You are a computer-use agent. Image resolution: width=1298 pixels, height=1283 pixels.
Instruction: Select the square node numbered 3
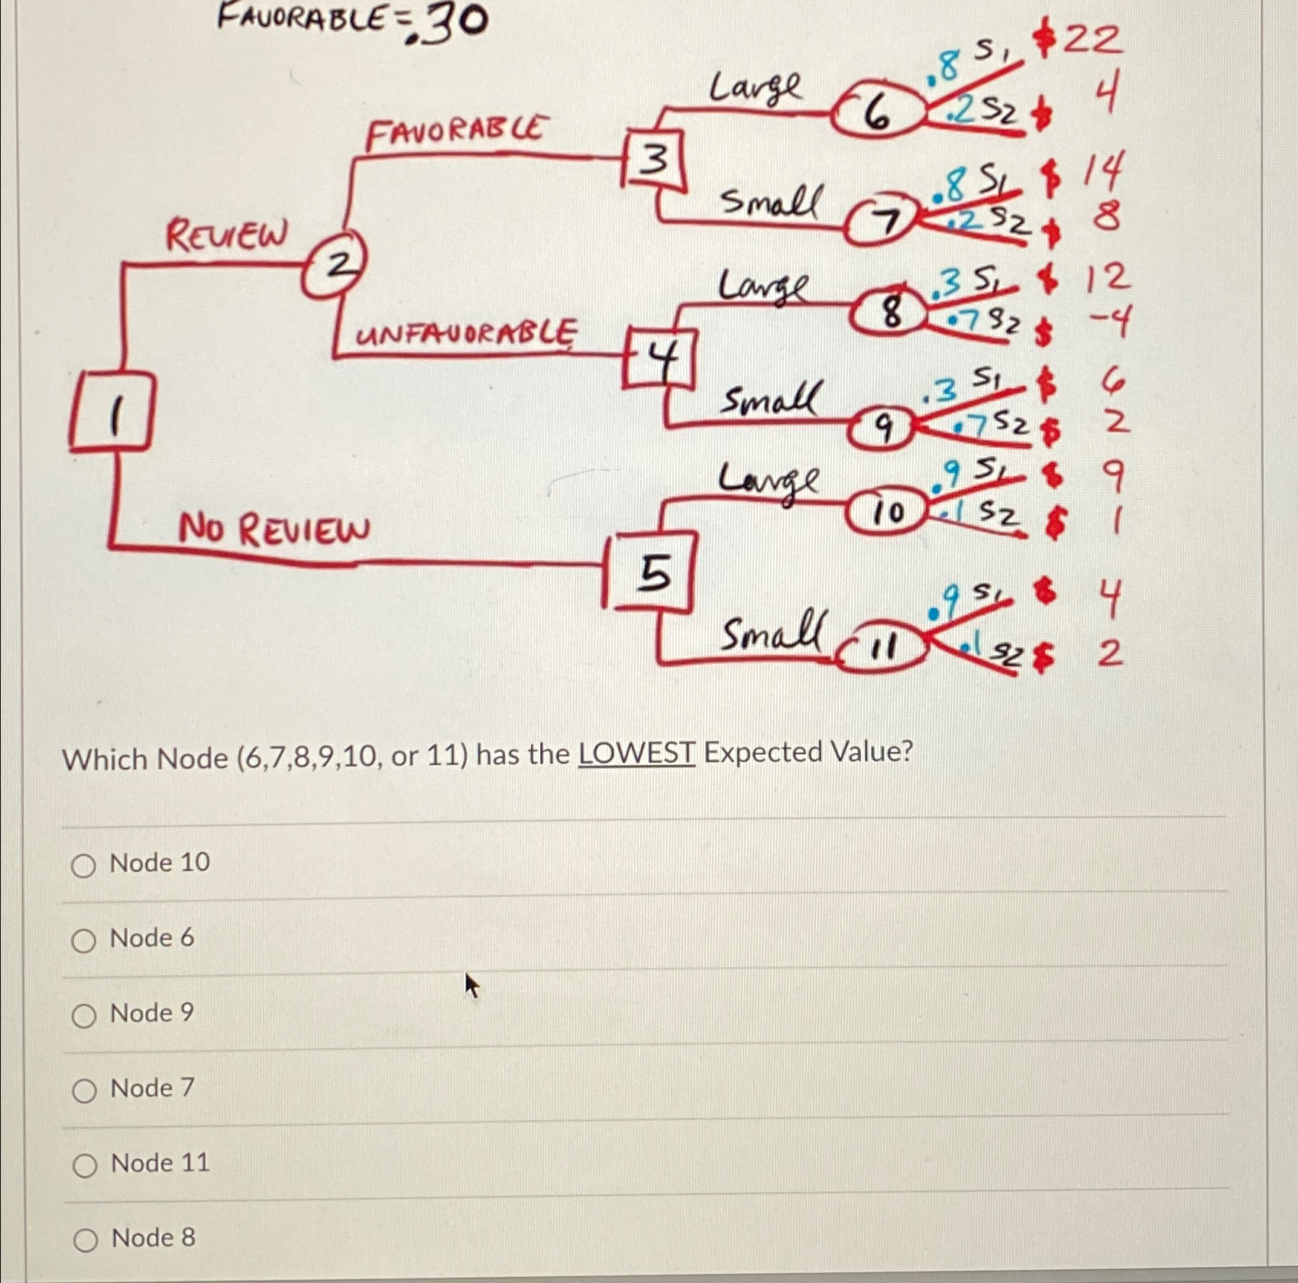coord(653,160)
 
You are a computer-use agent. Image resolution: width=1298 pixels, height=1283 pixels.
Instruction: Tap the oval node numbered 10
coord(887,510)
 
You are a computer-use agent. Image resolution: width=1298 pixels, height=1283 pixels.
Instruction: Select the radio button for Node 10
coord(84,866)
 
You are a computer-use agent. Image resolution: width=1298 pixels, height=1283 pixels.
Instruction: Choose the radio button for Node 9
coord(84,1016)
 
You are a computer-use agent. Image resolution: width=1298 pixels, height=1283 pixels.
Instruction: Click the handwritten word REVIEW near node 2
coord(227,234)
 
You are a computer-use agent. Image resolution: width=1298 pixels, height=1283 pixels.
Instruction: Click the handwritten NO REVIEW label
coord(274,529)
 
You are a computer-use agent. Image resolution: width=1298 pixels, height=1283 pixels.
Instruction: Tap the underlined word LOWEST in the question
coord(636,753)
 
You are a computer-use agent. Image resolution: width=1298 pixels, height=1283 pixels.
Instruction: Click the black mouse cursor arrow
coord(472,985)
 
